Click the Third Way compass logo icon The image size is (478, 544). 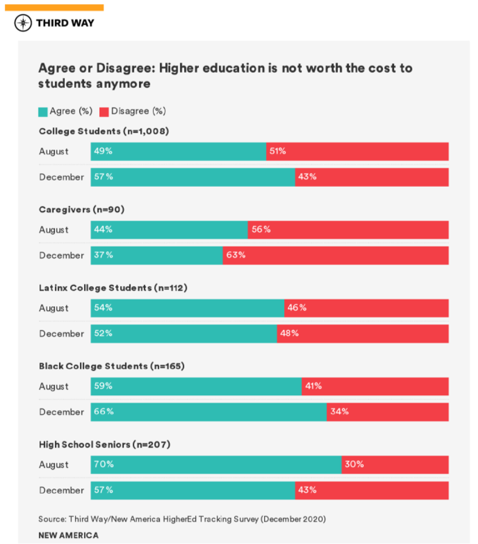pyautogui.click(x=23, y=23)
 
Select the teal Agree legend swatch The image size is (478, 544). pyautogui.click(x=43, y=112)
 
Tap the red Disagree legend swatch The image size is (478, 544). pyautogui.click(x=104, y=112)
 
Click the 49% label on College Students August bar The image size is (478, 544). pyautogui.click(x=103, y=151)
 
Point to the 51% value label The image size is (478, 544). pyautogui.click(x=277, y=151)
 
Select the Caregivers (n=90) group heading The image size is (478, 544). pyautogui.click(x=82, y=209)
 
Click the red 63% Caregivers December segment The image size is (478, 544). pyautogui.click(x=336, y=255)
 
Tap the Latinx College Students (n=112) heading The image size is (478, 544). pyautogui.click(x=113, y=288)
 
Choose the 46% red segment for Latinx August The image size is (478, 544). pyautogui.click(x=366, y=308)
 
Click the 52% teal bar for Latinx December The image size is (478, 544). pyautogui.click(x=184, y=334)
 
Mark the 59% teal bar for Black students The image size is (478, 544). pyautogui.click(x=196, y=386)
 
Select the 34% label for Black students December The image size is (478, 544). pyautogui.click(x=339, y=411)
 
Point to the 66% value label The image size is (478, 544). pyautogui.click(x=104, y=411)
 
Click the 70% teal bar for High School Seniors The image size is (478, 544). pyautogui.click(x=216, y=465)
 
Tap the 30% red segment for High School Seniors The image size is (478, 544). pyautogui.click(x=395, y=465)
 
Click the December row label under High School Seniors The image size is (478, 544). pyautogui.click(x=62, y=490)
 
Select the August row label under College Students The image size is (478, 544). pyautogui.click(x=54, y=151)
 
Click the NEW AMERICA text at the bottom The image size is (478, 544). pyautogui.click(x=68, y=535)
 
